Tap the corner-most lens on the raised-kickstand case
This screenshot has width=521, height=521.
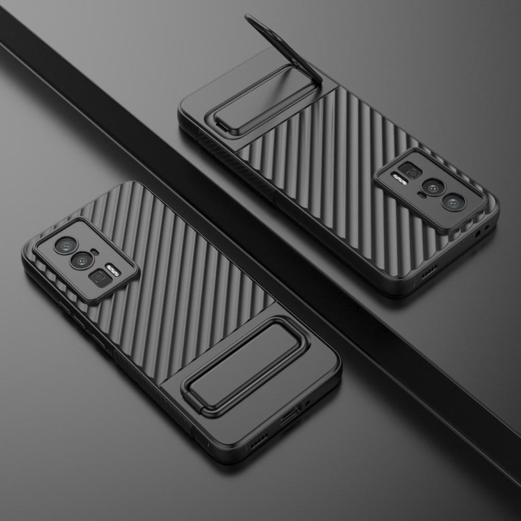tap(452, 201)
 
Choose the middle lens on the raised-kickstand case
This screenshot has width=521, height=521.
tap(432, 187)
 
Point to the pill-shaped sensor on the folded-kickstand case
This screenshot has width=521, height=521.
tap(95, 253)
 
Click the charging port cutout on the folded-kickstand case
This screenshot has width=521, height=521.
tap(290, 417)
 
